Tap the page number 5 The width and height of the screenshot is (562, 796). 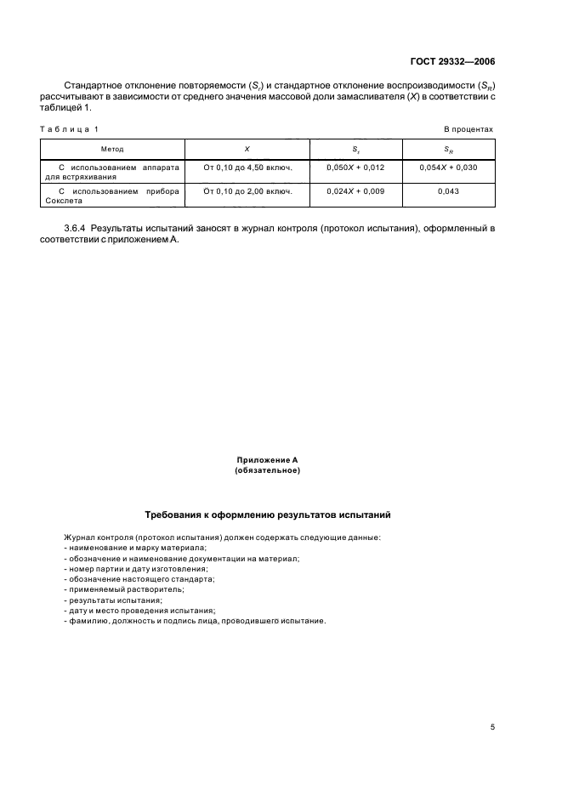tap(492, 726)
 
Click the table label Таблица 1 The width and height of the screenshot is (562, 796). tap(70, 128)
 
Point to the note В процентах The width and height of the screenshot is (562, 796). tap(468, 128)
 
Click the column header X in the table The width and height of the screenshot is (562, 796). tap(247, 149)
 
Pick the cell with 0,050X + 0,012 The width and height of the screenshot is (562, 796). tap(355, 168)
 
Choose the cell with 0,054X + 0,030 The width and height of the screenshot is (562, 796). tap(448, 168)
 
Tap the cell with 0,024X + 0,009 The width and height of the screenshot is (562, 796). tap(355, 191)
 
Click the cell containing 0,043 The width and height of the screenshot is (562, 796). tap(448, 191)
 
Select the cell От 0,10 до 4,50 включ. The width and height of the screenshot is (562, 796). tap(247, 168)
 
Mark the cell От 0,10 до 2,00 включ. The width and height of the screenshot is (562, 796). tap(247, 191)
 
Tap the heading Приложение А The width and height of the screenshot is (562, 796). tap(267, 460)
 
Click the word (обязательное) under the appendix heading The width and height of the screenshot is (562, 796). tap(267, 470)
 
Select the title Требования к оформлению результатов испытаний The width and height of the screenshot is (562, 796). tap(268, 515)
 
